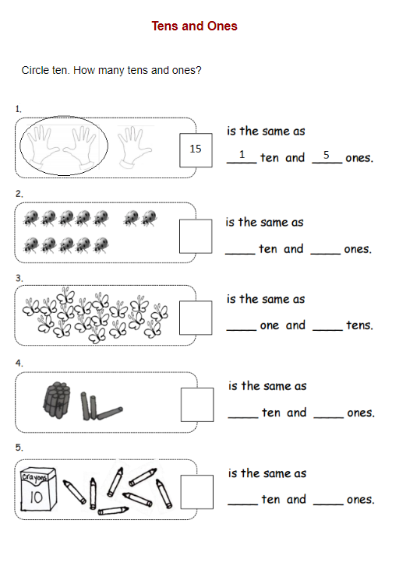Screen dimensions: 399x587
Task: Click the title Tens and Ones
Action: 194,26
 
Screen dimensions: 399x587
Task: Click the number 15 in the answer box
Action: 196,149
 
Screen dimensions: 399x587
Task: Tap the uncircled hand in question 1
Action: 134,147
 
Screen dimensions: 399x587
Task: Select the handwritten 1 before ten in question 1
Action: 242,154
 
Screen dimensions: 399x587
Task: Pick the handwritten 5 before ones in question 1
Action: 327,155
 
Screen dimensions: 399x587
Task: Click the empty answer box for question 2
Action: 196,236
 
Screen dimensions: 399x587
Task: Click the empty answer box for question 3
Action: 196,318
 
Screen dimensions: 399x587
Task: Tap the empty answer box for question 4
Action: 197,405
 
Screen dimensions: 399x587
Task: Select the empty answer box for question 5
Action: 196,492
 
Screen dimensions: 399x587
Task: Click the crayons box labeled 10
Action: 38,489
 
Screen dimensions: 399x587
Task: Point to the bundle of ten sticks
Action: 57,399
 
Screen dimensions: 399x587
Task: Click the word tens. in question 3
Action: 360,325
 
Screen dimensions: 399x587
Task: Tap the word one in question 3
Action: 270,325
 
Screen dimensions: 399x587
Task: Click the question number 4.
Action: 19,363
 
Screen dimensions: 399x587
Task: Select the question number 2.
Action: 19,194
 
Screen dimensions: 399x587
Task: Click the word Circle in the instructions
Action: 34,70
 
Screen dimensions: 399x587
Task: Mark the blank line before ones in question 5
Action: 328,504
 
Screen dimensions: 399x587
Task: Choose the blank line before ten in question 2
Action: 240,254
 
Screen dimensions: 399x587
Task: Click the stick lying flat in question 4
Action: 110,413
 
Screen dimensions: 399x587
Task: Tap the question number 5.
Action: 19,448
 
